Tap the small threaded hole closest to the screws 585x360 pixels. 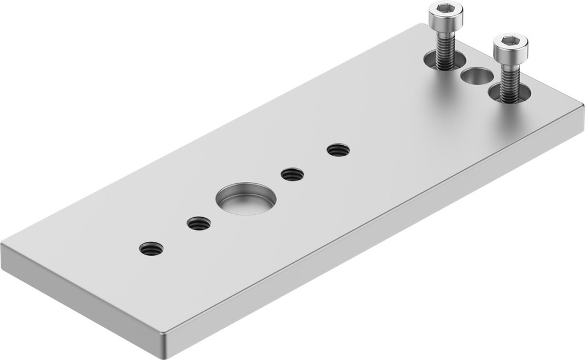click(x=338, y=150)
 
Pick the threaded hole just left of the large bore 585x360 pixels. click(x=199, y=223)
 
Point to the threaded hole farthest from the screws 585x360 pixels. click(x=152, y=248)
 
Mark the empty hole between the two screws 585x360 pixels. click(x=477, y=76)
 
